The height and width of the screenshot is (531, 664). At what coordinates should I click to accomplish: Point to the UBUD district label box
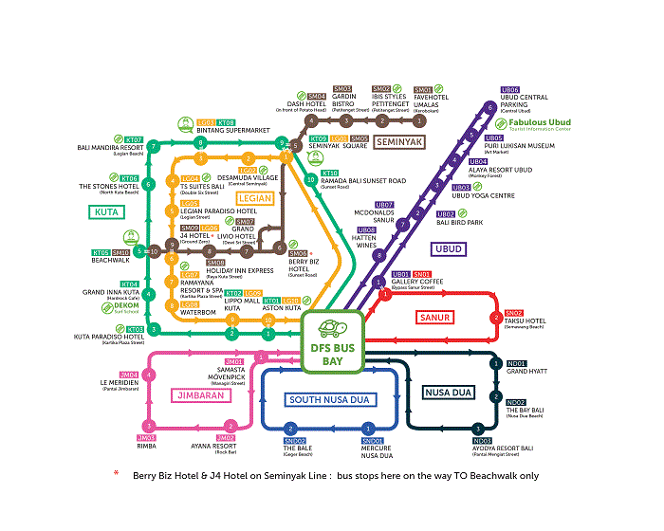[x=448, y=248]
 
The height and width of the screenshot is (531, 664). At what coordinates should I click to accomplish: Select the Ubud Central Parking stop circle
[x=490, y=107]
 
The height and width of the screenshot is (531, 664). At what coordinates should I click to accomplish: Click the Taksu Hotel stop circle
[x=495, y=318]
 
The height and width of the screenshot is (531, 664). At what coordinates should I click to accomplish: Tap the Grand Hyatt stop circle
[x=495, y=364]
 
